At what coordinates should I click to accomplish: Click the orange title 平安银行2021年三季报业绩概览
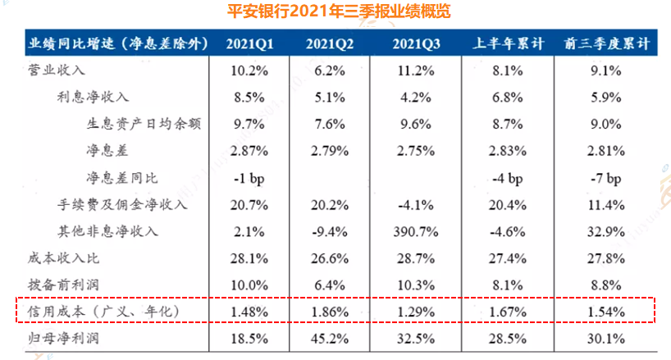coord(339,11)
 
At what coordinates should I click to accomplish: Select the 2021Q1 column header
coord(249,43)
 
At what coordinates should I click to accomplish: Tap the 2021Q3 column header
coord(416,43)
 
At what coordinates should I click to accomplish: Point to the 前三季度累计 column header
coord(607,43)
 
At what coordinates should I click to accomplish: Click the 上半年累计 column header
coord(508,43)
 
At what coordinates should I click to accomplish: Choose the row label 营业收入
coord(57,70)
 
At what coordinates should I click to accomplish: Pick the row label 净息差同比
coord(122,177)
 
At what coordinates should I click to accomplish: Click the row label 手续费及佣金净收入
coord(122,204)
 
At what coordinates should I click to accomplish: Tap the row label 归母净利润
coord(63,338)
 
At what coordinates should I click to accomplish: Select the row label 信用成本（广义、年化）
coord(103,312)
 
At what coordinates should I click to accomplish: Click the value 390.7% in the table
coord(416,232)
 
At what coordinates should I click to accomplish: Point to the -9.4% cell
coord(330,232)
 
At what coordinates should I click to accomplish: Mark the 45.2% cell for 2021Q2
coord(330,339)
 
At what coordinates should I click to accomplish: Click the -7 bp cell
coord(606,178)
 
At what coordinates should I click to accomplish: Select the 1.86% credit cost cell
coord(330,312)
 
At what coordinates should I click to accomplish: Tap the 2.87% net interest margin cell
coord(249,151)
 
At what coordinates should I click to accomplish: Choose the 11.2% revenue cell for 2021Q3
coord(416,71)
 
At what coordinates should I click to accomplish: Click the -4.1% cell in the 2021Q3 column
coord(416,205)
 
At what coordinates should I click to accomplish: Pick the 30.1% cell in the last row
coord(606,339)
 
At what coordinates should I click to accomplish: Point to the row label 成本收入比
coord(63,257)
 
